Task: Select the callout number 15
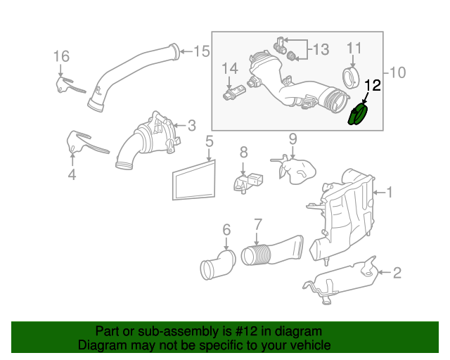(201, 51)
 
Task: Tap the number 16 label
(61, 56)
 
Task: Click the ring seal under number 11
(350, 75)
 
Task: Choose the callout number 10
(397, 72)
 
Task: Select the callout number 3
(191, 126)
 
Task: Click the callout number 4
(72, 173)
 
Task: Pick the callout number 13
(320, 49)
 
